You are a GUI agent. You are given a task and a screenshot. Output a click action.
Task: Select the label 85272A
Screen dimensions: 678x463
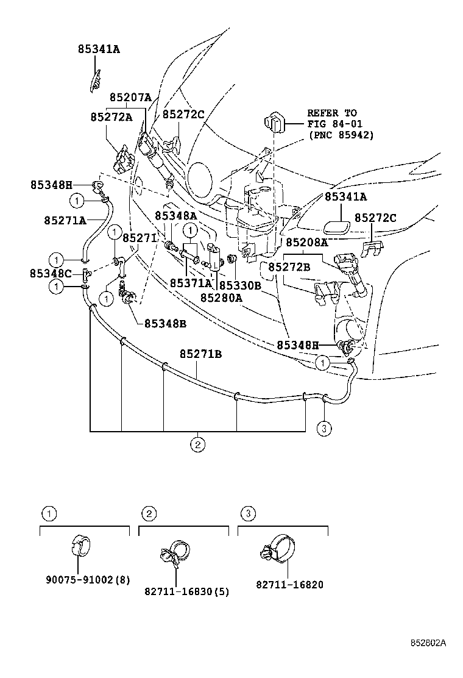click(111, 116)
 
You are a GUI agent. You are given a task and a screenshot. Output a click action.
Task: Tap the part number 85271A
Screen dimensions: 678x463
click(64, 220)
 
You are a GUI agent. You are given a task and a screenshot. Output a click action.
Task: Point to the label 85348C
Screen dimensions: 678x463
click(51, 274)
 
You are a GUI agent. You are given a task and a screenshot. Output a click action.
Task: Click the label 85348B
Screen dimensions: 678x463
click(165, 324)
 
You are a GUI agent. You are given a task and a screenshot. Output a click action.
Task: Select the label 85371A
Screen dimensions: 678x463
click(191, 283)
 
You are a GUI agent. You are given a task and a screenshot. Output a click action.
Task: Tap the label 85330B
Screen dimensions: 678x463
click(240, 285)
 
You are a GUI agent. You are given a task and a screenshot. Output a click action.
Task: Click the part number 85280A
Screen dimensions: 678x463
click(221, 298)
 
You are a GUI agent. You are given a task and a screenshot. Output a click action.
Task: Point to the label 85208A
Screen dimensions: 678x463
click(306, 243)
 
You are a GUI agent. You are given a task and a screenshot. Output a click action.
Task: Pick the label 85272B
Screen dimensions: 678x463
click(289, 267)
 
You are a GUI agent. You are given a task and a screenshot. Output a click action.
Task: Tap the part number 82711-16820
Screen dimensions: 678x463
click(289, 585)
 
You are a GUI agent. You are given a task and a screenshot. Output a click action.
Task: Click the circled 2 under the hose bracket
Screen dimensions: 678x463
click(197, 444)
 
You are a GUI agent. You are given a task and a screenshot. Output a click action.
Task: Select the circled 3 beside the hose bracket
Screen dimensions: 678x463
click(324, 429)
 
